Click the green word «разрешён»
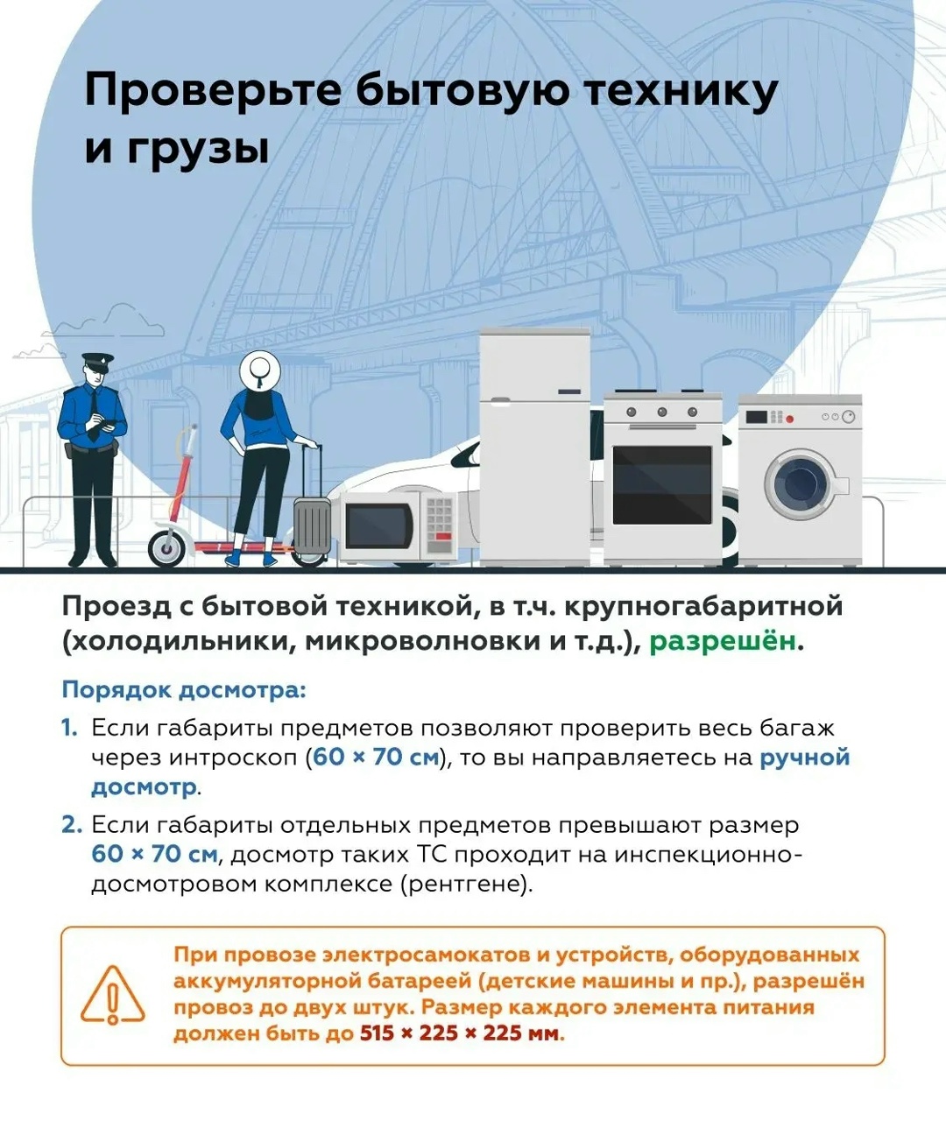point(724,641)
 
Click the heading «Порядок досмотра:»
point(184,690)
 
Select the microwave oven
point(397,525)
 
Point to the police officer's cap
point(96,360)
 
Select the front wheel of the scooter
point(166,548)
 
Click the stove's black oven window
point(662,484)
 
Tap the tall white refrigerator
point(534,447)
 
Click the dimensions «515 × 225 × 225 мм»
point(459,1033)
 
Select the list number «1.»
point(70,729)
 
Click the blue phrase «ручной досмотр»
point(804,758)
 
